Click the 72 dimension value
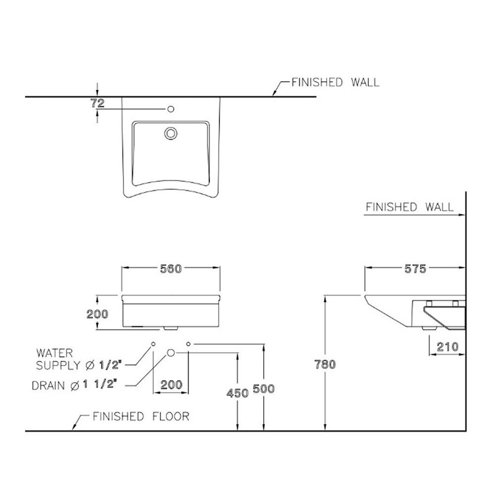[x=98, y=103]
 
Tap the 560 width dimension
[x=171, y=269]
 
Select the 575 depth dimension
[x=415, y=269]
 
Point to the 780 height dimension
[x=325, y=364]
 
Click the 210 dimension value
[x=447, y=347]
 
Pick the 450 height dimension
[x=238, y=393]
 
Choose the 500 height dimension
[x=264, y=389]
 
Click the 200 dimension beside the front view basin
[x=97, y=314]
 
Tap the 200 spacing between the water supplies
[x=171, y=385]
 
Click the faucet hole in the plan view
[x=171, y=109]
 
